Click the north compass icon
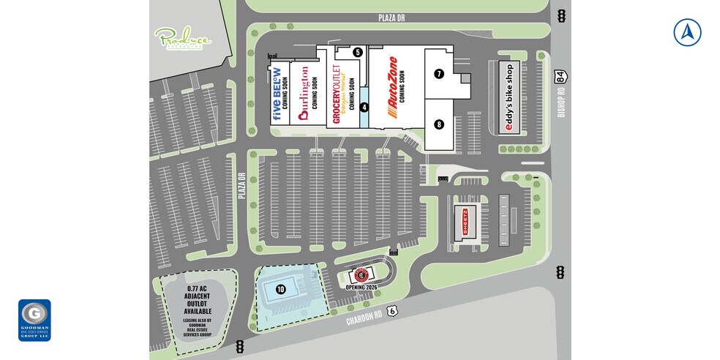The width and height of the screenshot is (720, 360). tap(687, 32)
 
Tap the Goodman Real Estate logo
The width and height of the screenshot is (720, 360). tap(34, 320)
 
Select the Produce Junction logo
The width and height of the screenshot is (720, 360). tap(182, 39)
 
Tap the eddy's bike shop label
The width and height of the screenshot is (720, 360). tap(510, 97)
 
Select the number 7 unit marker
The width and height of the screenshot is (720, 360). tap(439, 73)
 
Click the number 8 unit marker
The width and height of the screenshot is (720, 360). tap(439, 124)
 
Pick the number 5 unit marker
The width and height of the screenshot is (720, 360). tap(357, 52)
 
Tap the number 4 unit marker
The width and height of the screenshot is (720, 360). tap(364, 107)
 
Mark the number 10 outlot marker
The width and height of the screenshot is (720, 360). tap(280, 289)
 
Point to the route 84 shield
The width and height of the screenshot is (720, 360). tap(560, 75)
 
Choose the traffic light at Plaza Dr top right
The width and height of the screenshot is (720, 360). tap(561, 16)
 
